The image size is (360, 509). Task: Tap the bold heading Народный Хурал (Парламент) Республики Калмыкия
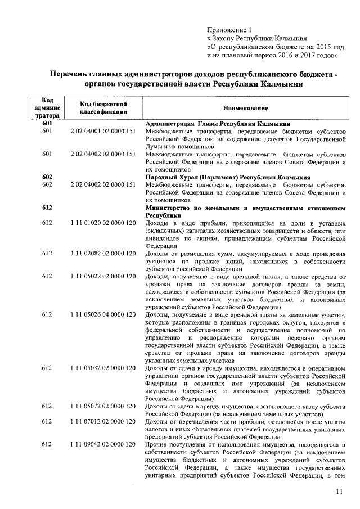pyautogui.click(x=228, y=177)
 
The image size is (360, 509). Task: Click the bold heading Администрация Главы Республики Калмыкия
pyautogui.click(x=218, y=123)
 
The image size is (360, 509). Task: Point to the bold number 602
pyautogui.click(x=47, y=177)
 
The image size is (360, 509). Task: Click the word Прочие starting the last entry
pyautogui.click(x=156, y=444)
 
